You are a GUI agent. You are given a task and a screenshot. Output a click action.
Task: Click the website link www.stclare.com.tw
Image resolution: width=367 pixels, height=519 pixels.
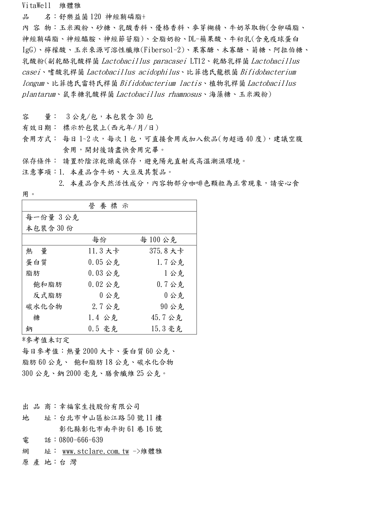coord(96,451)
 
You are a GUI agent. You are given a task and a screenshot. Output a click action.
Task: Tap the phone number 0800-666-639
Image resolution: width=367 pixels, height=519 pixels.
coord(81,440)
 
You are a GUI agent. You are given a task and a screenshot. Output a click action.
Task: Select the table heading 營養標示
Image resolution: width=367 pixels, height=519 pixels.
coord(109,206)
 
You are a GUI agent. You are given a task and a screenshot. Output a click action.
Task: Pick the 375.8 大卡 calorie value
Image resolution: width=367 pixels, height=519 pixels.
coord(166,251)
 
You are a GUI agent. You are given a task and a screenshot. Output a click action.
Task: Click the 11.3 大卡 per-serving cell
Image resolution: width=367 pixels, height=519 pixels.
coord(104,251)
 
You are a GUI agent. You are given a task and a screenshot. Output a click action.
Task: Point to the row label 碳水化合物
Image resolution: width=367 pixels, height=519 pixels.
coord(44,306)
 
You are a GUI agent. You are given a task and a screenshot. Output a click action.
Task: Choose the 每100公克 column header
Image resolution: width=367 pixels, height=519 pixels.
coord(158,240)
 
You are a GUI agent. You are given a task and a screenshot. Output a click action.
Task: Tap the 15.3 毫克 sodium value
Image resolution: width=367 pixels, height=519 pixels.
coord(166,329)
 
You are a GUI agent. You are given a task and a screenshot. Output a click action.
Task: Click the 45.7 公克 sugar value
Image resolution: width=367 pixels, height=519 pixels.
coord(166,318)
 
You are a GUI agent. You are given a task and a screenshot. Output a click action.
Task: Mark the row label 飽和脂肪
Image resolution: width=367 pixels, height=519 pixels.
coord(48,284)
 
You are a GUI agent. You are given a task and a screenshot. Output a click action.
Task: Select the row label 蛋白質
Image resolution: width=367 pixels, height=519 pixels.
coord(36,262)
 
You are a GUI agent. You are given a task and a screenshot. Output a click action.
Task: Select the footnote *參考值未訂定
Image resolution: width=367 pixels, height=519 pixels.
coord(46,340)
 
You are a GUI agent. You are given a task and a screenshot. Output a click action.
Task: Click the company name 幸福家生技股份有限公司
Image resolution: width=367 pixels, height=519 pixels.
coord(99,407)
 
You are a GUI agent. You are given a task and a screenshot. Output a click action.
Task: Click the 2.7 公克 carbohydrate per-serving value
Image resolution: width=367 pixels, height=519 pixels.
coord(106,306)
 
